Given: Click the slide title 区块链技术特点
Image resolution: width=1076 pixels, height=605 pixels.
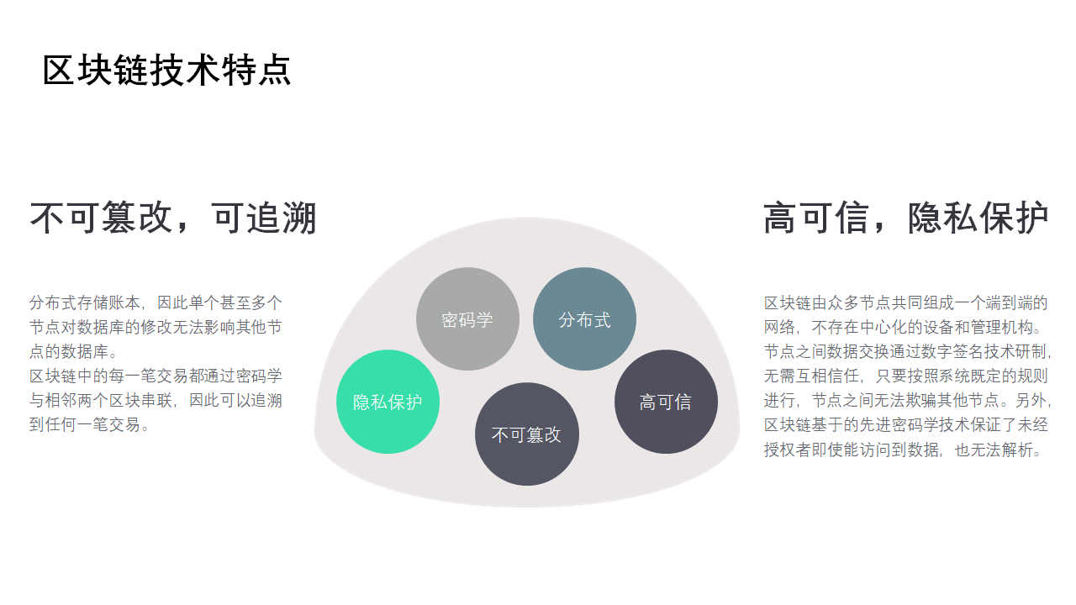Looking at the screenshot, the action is click(166, 70).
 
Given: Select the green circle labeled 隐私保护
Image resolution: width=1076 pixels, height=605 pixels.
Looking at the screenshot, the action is click(388, 402).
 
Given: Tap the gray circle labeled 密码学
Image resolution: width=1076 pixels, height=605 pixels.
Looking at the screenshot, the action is click(467, 318).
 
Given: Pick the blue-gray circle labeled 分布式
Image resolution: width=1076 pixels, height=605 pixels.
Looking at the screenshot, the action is click(584, 318).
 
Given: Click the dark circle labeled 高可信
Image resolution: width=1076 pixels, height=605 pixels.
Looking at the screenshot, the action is click(666, 402).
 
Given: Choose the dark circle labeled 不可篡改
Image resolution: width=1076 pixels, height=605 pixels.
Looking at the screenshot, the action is click(527, 434).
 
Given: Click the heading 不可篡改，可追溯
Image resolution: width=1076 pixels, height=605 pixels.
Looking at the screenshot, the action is click(173, 218).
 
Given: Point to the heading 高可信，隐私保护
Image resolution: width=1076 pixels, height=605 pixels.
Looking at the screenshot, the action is click(906, 218).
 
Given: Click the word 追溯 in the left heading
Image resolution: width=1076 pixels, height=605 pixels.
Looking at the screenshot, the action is click(281, 218).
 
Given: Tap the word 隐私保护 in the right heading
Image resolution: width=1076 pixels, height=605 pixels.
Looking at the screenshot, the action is click(978, 218).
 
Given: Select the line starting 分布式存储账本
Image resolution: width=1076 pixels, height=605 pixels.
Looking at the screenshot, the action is click(156, 303).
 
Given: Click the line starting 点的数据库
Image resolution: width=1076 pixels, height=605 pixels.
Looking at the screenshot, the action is click(74, 351).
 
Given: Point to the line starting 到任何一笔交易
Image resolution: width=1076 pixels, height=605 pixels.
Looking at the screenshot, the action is click(90, 424).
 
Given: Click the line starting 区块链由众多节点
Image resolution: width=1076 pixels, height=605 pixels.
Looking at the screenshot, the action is click(905, 303).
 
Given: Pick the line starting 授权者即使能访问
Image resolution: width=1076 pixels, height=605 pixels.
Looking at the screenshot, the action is click(904, 450).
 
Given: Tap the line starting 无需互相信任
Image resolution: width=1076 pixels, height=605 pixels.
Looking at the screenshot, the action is click(905, 376).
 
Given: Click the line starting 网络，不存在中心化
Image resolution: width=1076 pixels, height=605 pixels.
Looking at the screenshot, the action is click(904, 328).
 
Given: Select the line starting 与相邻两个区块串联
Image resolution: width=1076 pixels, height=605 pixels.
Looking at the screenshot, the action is click(156, 401).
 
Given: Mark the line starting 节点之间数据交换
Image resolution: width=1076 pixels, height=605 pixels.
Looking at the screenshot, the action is click(907, 351).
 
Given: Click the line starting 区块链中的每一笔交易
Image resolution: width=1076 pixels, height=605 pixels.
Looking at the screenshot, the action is click(156, 376).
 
